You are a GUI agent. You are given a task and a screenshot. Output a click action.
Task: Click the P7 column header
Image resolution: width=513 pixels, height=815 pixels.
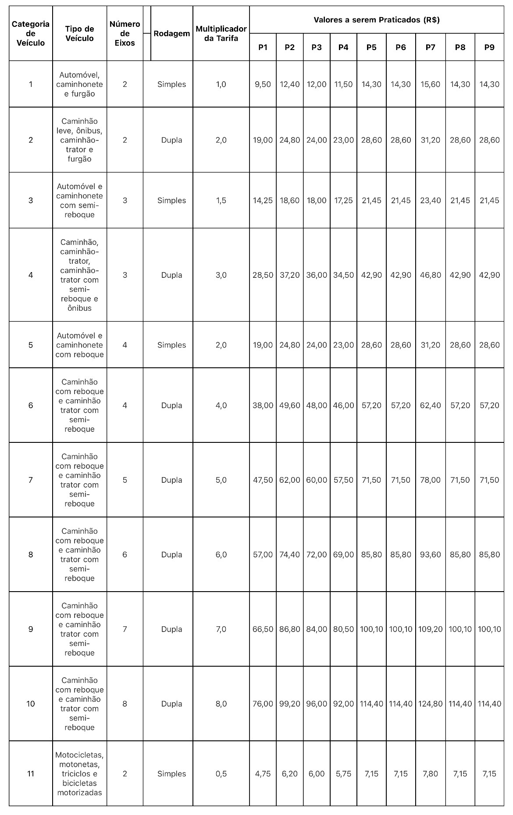[430, 47]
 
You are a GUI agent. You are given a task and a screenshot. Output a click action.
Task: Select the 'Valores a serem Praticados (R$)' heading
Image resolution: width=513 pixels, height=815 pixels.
[377, 20]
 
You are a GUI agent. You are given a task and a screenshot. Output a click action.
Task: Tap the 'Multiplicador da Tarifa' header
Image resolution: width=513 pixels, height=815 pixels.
[221, 33]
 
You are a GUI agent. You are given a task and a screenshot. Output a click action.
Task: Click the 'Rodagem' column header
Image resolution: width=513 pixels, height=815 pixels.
[172, 33]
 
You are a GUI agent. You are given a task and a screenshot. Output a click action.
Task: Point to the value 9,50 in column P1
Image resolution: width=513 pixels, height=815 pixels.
[263, 84]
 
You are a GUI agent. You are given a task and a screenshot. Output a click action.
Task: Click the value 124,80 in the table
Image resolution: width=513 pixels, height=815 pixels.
[430, 704]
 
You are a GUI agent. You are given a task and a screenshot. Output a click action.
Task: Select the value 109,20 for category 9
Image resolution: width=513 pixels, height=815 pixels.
[430, 629]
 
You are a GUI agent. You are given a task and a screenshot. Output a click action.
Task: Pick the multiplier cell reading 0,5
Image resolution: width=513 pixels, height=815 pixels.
[221, 774]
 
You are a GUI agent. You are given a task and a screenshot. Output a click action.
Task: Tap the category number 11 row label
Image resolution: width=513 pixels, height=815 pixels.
[31, 774]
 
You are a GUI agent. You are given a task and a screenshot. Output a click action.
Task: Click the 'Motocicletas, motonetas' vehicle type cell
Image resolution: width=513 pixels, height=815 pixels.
[79, 774]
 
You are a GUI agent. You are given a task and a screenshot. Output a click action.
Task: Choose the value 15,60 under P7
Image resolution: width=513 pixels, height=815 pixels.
[430, 84]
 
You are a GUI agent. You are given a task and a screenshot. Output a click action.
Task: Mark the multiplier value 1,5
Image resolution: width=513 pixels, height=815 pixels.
[221, 201]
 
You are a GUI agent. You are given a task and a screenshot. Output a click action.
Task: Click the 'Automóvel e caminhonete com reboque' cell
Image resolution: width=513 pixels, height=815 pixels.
[79, 345]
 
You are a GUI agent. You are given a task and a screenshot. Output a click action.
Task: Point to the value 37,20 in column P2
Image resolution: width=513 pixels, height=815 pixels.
[289, 275]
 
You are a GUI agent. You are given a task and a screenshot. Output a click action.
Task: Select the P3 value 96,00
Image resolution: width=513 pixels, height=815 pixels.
[316, 704]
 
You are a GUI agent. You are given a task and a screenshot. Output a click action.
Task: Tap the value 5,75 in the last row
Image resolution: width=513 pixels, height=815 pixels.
[343, 774]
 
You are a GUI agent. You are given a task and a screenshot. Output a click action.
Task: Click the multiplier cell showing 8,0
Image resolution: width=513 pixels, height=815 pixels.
[221, 704]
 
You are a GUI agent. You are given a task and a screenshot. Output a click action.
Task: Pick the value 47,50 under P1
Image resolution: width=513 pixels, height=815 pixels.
[263, 480]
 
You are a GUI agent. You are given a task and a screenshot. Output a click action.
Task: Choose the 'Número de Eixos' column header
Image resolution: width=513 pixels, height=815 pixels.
[125, 33]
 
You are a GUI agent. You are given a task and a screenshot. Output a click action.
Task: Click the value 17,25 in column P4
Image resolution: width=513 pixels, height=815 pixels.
[343, 201]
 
